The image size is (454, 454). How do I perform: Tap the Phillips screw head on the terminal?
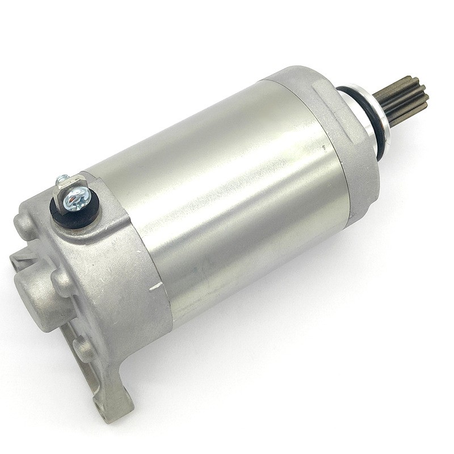pyautogui.click(x=75, y=199)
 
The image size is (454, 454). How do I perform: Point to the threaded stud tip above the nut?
pyautogui.click(x=61, y=179)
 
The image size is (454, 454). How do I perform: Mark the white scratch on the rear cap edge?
pyautogui.click(x=155, y=286)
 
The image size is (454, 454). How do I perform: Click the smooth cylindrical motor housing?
pyautogui.click(x=227, y=193)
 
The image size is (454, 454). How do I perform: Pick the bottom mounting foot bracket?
pyautogui.click(x=113, y=392)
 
